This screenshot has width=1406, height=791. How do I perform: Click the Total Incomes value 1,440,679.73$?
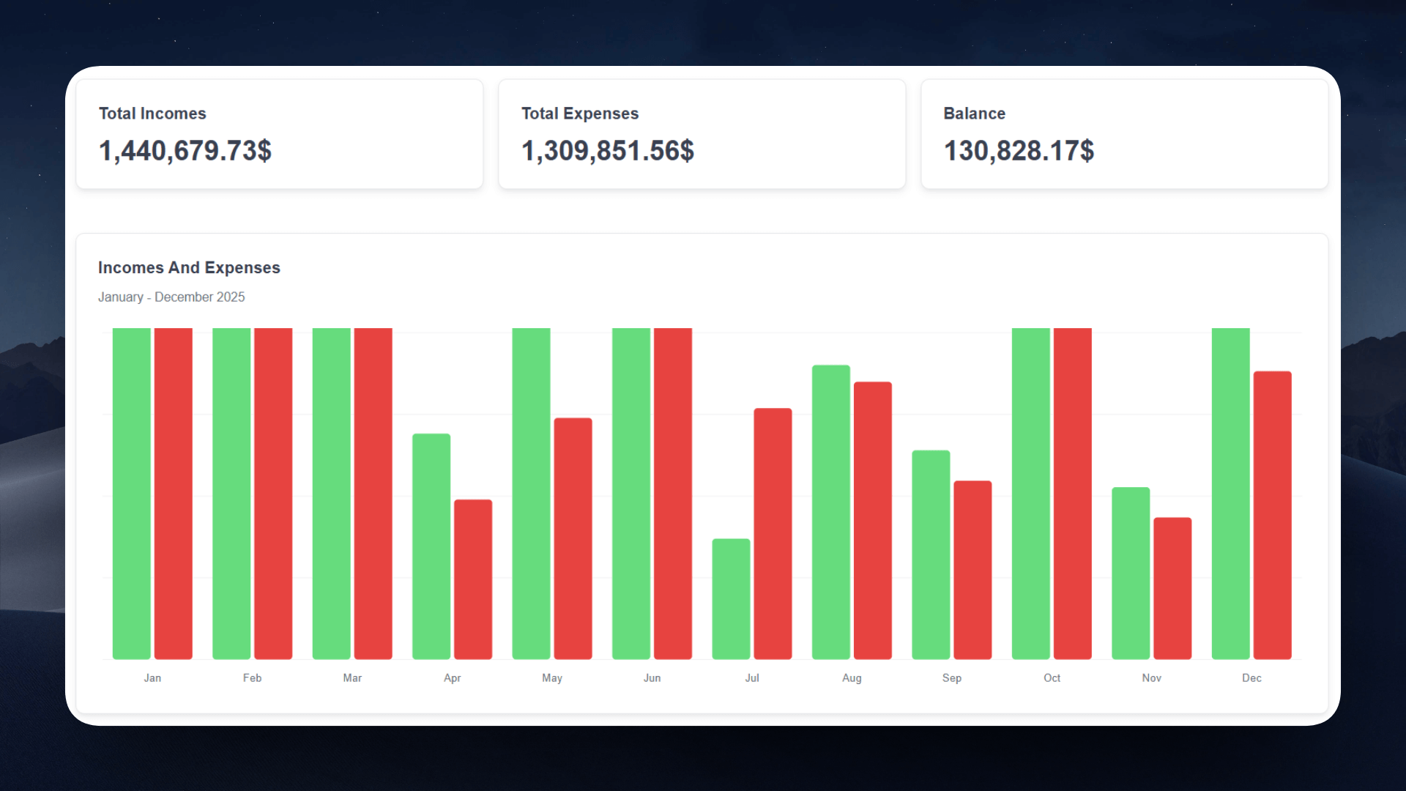pyautogui.click(x=185, y=151)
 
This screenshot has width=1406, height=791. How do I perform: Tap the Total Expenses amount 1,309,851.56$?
pyautogui.click(x=607, y=151)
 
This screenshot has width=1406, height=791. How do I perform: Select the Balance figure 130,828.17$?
pyautogui.click(x=1019, y=151)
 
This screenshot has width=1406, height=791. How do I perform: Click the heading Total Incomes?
pyautogui.click(x=152, y=114)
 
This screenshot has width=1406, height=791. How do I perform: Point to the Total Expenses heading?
pyautogui.click(x=580, y=114)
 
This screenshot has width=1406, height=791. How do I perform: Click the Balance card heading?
pyautogui.click(x=974, y=114)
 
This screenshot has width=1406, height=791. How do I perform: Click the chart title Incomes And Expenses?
pyautogui.click(x=189, y=268)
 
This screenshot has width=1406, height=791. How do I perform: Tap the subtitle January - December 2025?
pyautogui.click(x=171, y=297)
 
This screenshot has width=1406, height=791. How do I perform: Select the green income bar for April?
pyautogui.click(x=431, y=546)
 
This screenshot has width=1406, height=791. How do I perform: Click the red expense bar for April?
pyautogui.click(x=473, y=579)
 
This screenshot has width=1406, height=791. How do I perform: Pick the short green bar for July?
pyautogui.click(x=731, y=599)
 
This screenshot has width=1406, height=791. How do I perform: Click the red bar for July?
pyautogui.click(x=773, y=533)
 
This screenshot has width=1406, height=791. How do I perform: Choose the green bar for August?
pyautogui.click(x=831, y=512)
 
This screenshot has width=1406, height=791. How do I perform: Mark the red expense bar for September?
pyautogui.click(x=972, y=570)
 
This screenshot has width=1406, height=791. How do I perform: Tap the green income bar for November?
pyautogui.click(x=1131, y=573)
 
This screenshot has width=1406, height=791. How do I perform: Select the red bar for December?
pyautogui.click(x=1272, y=515)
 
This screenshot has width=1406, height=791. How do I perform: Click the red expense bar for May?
pyautogui.click(x=573, y=538)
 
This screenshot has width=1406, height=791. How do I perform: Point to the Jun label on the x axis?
pyautogui.click(x=652, y=678)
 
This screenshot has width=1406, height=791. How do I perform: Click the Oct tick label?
pyautogui.click(x=1052, y=678)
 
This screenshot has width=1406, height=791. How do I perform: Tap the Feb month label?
pyautogui.click(x=252, y=678)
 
